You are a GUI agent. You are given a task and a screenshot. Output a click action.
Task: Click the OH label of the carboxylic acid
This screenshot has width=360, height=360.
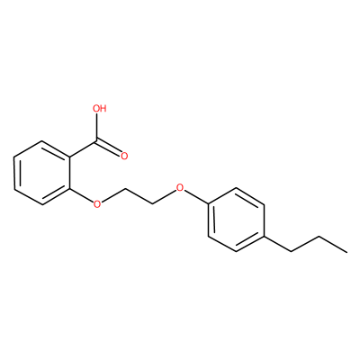pyautogui.click(x=100, y=108)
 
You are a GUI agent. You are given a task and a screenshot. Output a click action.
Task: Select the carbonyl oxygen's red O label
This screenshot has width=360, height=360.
pyautogui.click(x=124, y=156)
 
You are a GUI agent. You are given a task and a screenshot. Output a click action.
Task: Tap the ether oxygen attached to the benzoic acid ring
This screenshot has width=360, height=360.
pyautogui.click(x=96, y=204)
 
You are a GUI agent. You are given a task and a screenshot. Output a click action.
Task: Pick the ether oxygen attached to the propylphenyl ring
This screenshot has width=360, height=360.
pyautogui.click(x=180, y=188)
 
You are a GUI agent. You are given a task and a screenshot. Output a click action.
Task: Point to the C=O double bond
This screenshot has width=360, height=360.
pyautogui.click(x=109, y=148)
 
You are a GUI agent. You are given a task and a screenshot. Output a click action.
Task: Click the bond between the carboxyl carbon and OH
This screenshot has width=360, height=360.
pyautogui.click(x=97, y=127)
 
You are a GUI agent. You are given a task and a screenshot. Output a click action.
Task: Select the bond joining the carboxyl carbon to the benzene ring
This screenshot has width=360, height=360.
pyautogui.click(x=84, y=148)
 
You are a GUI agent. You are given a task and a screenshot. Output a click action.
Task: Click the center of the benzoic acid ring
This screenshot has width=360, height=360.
pyautogui.click(x=42, y=173)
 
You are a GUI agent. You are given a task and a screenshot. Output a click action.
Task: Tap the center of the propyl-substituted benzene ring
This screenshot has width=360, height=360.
pyautogui.click(x=237, y=220)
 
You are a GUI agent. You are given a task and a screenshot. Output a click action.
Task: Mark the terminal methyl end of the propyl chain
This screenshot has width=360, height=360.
pyautogui.click(x=347, y=252)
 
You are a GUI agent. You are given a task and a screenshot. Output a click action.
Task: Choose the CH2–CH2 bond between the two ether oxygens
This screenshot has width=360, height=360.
pyautogui.click(x=139, y=196)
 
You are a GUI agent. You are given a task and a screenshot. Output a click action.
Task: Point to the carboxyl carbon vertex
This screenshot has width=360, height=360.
pyautogui.click(x=97, y=140)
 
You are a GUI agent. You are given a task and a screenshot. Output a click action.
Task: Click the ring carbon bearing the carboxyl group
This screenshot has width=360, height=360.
pyautogui.click(x=70, y=157)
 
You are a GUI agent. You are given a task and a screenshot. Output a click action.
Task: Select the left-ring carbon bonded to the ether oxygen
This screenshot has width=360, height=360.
pyautogui.click(x=70, y=189)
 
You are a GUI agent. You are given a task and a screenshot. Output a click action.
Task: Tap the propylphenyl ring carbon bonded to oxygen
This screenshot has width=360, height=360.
pyautogui.click(x=209, y=204)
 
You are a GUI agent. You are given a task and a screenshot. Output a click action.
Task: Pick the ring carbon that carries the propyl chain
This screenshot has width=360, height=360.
pyautogui.click(x=265, y=236)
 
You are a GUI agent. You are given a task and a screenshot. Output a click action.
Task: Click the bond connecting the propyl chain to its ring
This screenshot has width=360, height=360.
pyautogui.click(x=278, y=244)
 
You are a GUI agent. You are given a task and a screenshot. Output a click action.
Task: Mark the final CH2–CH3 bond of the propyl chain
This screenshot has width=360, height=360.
pyautogui.click(x=333, y=244)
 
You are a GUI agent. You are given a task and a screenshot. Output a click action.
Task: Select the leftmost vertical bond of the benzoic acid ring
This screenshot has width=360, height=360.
pyautogui.click(x=14, y=173)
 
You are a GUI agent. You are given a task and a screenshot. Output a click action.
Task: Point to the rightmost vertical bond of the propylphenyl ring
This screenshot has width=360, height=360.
pyautogui.click(x=265, y=220)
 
